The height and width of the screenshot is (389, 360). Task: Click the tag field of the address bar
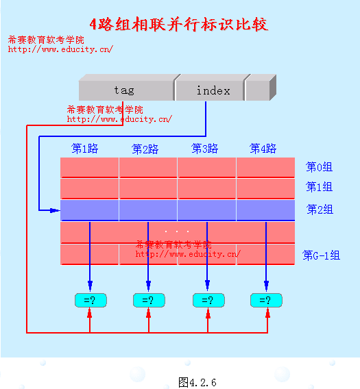pyautogui.click(x=126, y=90)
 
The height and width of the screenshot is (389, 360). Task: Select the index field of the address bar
pyautogui.click(x=209, y=90)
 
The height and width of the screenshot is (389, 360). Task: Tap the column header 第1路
pyautogui.click(x=85, y=149)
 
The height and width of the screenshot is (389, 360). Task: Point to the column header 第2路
pyautogui.click(x=145, y=149)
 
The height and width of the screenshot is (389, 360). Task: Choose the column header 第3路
pyautogui.click(x=204, y=149)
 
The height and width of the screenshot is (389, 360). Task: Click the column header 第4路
pyautogui.click(x=263, y=149)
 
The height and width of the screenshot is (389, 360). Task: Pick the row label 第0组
pyautogui.click(x=319, y=166)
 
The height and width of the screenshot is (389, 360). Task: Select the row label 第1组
pyautogui.click(x=319, y=186)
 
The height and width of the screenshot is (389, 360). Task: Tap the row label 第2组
pyautogui.click(x=320, y=210)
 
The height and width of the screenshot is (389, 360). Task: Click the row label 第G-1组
pyautogui.click(x=321, y=255)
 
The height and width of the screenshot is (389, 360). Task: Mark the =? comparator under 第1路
pyautogui.click(x=91, y=300)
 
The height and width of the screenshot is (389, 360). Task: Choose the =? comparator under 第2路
pyautogui.click(x=149, y=300)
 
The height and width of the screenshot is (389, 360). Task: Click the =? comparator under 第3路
pyautogui.click(x=208, y=300)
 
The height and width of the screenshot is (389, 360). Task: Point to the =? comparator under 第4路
pyautogui.click(x=266, y=300)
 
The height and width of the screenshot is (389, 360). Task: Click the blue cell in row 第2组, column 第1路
pyautogui.click(x=89, y=210)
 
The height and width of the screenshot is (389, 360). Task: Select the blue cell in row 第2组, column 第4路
pyautogui.click(x=265, y=210)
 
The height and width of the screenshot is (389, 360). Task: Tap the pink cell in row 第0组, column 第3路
pyautogui.click(x=206, y=168)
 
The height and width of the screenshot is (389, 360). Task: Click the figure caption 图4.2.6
pyautogui.click(x=197, y=382)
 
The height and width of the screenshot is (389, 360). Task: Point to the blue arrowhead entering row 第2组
pyautogui.click(x=55, y=210)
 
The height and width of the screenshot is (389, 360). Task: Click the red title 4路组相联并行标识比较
pyautogui.click(x=179, y=25)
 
